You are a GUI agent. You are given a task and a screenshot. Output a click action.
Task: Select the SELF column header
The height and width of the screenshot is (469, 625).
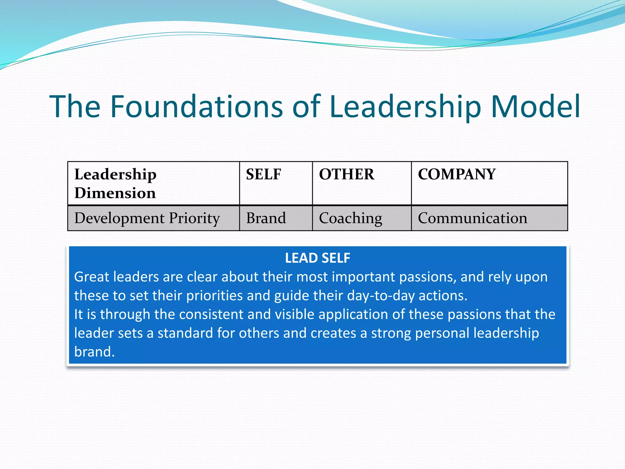click(263, 174)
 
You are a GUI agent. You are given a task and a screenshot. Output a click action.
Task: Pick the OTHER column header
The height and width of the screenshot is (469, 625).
click(346, 174)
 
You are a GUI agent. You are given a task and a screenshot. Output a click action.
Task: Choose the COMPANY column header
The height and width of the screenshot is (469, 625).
click(457, 174)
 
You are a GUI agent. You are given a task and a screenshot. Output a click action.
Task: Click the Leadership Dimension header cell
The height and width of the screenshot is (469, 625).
click(115, 184)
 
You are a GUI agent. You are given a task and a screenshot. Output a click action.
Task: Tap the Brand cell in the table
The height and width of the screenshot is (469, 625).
click(266, 218)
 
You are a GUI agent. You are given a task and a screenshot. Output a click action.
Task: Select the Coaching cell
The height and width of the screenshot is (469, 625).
click(350, 218)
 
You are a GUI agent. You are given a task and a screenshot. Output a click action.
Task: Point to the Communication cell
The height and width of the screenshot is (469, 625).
click(472, 218)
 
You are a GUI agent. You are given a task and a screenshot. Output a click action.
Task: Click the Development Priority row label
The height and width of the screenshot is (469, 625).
click(147, 218)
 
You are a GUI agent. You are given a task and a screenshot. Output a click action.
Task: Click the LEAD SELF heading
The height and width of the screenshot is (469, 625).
click(317, 258)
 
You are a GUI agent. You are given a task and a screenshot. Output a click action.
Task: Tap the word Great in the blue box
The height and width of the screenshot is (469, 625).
click(92, 277)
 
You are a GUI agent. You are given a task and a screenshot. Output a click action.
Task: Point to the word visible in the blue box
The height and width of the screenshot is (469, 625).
click(294, 314)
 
